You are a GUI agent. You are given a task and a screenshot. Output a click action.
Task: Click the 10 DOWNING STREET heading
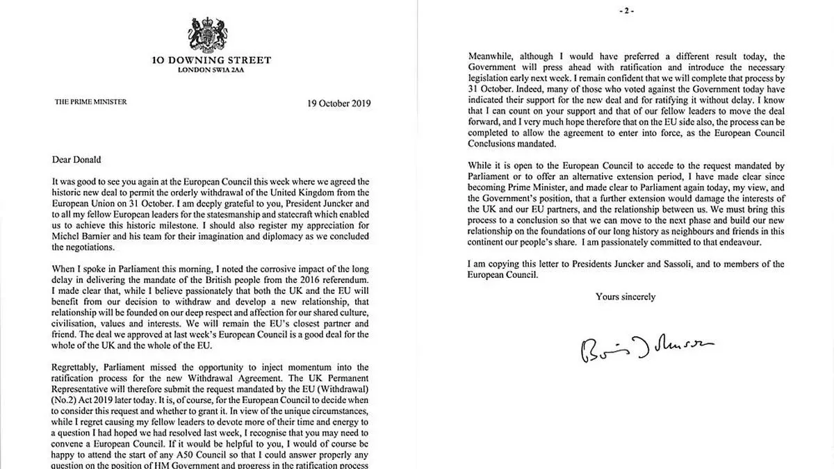click(x=211, y=60)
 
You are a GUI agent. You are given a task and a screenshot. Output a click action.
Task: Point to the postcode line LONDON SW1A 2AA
click(x=211, y=70)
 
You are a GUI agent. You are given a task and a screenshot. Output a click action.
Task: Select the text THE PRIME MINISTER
click(x=91, y=102)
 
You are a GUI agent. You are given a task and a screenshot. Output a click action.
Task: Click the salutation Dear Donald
click(x=76, y=159)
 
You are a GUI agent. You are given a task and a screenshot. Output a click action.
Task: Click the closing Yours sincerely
click(x=625, y=297)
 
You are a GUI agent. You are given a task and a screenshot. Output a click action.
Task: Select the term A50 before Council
click(x=190, y=454)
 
